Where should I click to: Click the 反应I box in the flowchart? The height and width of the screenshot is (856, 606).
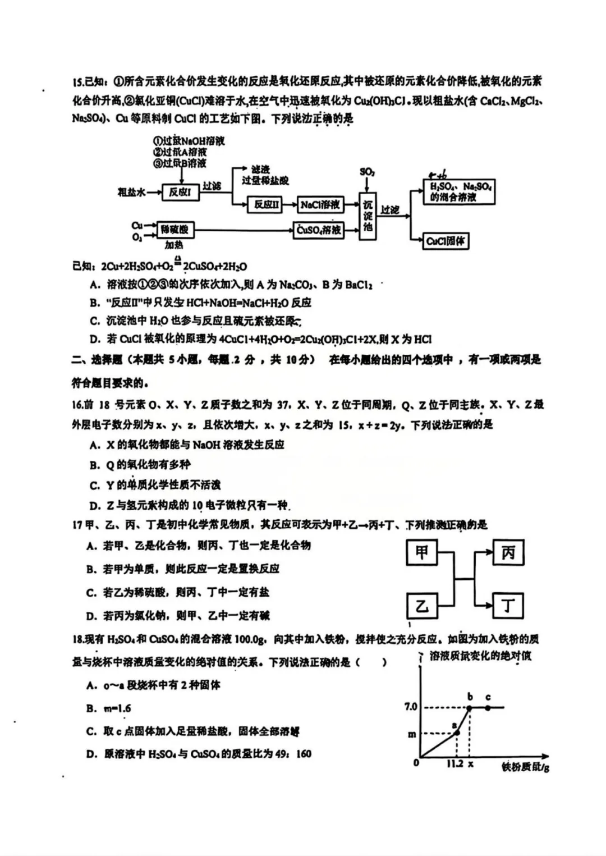180,193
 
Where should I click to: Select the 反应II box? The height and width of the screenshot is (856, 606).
265,205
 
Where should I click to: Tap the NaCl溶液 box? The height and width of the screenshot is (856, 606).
320,205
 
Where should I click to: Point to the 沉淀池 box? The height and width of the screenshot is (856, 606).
368,216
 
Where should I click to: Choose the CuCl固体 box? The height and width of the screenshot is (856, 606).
446,241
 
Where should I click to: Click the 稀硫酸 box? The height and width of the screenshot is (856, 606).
175,230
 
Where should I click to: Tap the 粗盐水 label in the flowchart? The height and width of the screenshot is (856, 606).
131,193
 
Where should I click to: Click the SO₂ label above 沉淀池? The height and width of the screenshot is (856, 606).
367,172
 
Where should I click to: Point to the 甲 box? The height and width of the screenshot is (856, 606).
421,553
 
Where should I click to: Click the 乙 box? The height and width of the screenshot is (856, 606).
421,606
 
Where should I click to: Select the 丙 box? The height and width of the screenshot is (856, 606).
508,553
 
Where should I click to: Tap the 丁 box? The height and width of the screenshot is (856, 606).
508,606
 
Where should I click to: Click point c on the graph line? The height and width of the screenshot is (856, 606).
488,707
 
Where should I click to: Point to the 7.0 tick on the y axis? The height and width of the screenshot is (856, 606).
411,707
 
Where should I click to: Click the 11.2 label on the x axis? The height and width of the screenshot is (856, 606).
454,764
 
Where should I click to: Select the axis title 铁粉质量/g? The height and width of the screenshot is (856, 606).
525,767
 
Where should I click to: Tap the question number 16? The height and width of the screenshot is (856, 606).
78,405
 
